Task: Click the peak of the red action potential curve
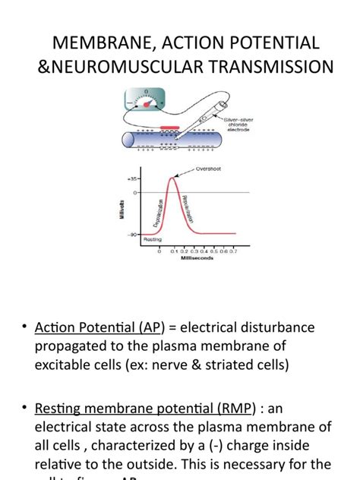click(x=174, y=177)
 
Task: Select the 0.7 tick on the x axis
click(x=232, y=250)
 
